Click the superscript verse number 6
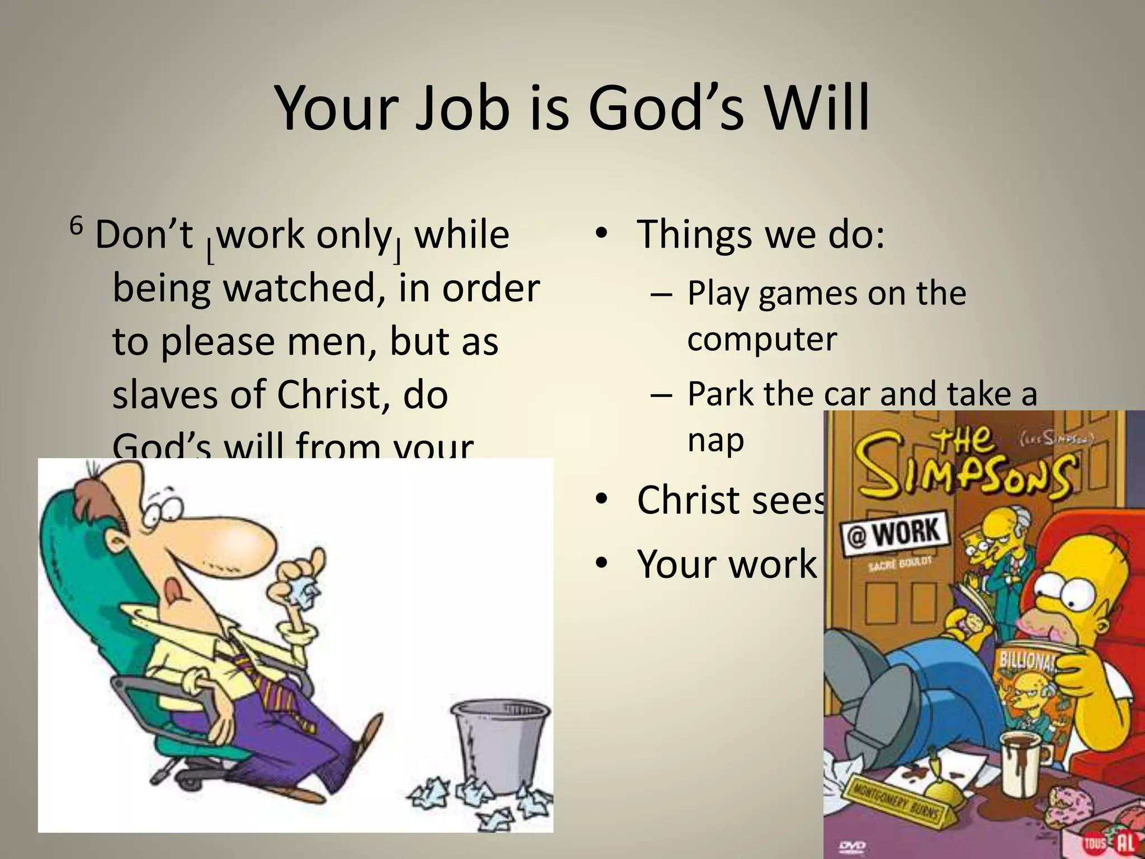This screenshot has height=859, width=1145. click(76, 226)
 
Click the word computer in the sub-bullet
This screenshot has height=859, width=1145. click(761, 339)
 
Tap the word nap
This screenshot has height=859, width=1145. click(715, 440)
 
